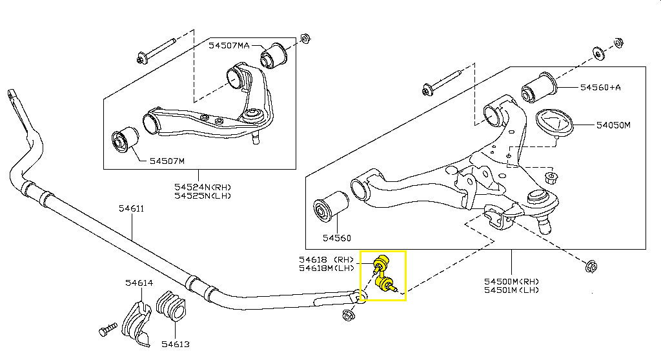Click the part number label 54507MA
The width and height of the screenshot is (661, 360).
pos(229,46)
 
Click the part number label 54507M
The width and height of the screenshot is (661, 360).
pos(167,161)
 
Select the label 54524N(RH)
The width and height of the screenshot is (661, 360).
pos(203,186)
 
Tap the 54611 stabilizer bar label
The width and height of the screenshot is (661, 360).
pos(131,208)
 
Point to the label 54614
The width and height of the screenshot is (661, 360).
pos(139,283)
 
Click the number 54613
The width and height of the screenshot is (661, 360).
pos(176,345)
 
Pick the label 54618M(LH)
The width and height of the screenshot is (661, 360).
pos(327,268)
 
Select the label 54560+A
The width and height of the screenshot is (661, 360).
pos(600,88)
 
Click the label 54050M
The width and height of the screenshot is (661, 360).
pos(613,125)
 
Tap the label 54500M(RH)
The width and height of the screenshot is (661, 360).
pos(511,281)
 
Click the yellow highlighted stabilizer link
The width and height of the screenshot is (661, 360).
pos(383,275)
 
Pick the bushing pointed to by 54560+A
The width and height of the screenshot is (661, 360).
pos(539,88)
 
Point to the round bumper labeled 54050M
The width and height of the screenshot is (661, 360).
pos(554,123)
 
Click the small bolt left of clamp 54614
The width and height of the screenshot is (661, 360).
pos(108,330)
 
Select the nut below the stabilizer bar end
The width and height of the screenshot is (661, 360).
pos(348,315)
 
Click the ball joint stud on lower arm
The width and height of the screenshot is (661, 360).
pos(545,223)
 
